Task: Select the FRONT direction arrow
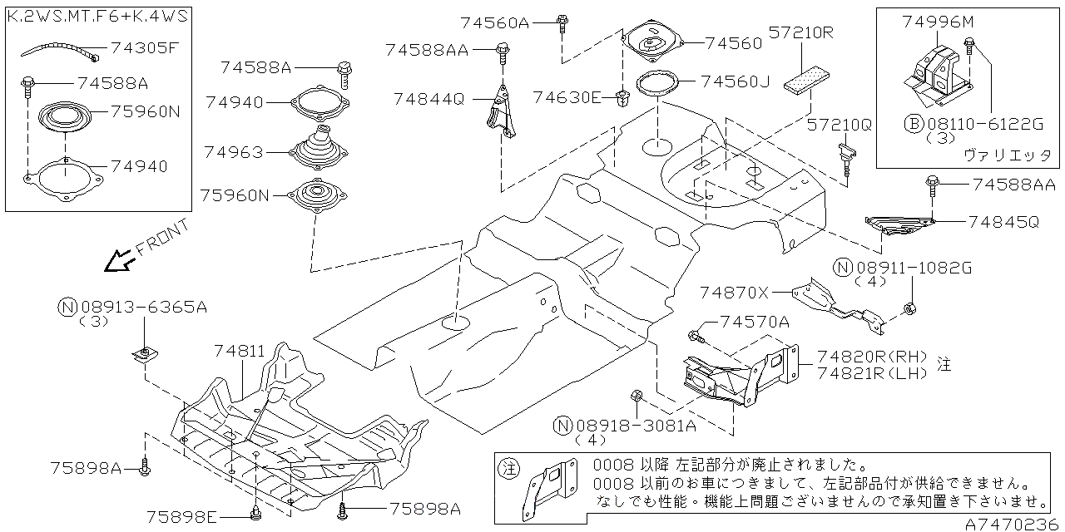point(117,262)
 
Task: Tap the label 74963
point(234,152)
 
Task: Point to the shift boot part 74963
point(321,148)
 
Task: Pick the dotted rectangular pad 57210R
point(803,81)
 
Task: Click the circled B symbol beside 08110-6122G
point(913,124)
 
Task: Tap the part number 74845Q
point(1003,222)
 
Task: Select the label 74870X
point(735,292)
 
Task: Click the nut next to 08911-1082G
point(909,310)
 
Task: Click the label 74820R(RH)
point(872,355)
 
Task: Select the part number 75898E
point(182,517)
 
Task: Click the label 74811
point(235,352)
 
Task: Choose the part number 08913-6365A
point(143,308)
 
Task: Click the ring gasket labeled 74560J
point(657,84)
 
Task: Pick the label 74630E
point(567,97)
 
